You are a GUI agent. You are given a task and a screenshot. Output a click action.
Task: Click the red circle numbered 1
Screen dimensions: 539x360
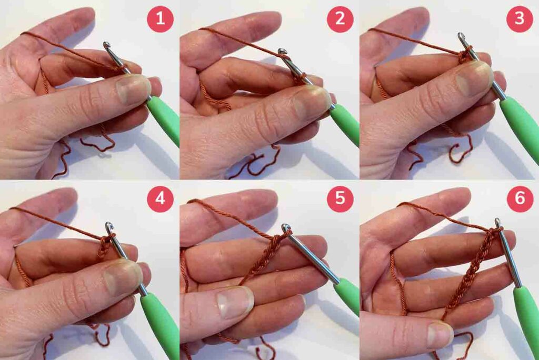160,19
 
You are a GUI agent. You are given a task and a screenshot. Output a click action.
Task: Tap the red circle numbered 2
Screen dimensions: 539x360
340,19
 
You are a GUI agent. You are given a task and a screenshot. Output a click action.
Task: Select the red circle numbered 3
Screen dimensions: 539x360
520,19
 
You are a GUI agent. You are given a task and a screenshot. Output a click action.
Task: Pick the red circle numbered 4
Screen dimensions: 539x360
160,199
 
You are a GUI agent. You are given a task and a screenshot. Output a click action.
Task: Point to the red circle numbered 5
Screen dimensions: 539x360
340,199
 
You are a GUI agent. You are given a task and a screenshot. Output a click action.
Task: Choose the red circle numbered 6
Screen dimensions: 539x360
520,199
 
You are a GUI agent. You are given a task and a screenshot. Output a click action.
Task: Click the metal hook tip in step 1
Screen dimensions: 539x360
107,45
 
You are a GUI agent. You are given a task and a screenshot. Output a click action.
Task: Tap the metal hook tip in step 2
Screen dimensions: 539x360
283,52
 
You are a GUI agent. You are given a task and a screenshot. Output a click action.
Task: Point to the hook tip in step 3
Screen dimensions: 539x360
461,35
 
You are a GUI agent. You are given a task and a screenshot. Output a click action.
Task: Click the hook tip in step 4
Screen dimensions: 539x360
109,226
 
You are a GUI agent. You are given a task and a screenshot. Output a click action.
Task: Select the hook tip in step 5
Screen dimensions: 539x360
286,227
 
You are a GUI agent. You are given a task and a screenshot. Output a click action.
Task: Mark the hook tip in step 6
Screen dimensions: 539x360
497,222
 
